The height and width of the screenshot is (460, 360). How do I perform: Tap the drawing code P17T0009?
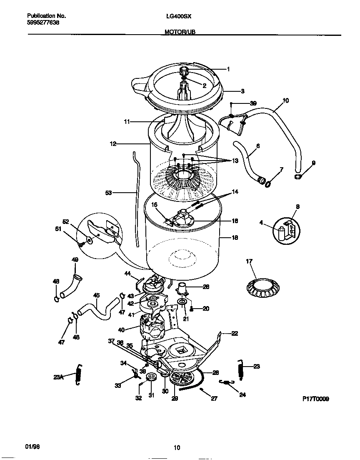(315, 399)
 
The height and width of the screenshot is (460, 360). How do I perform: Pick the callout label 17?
(249, 262)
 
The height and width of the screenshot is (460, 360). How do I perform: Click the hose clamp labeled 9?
(298, 177)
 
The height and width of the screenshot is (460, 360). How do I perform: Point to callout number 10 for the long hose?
(285, 101)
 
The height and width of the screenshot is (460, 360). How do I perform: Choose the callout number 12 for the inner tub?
(113, 144)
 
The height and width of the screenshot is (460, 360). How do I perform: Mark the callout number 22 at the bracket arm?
(235, 333)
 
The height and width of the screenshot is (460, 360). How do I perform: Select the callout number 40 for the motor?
(121, 330)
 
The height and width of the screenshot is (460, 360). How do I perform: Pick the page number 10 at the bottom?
(177, 448)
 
